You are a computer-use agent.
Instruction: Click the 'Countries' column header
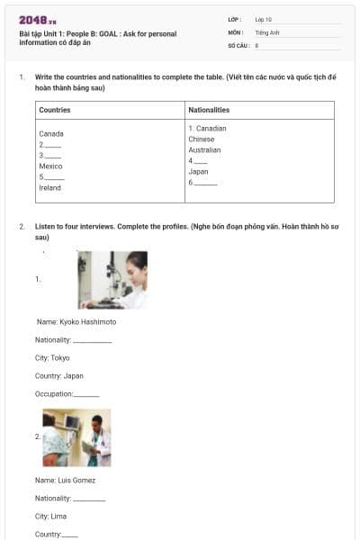pyautogui.click(x=55, y=110)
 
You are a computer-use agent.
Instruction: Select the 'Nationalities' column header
pyautogui.click(x=209, y=110)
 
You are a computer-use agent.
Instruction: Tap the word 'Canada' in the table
pyautogui.click(x=51, y=133)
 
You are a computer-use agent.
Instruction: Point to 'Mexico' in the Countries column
pyautogui.click(x=50, y=166)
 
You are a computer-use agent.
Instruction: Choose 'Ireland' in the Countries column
pyautogui.click(x=50, y=188)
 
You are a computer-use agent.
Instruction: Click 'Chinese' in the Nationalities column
pyautogui.click(x=202, y=139)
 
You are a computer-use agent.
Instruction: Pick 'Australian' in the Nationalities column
pyautogui.click(x=204, y=150)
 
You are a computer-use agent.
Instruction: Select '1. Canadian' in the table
pyautogui.click(x=207, y=129)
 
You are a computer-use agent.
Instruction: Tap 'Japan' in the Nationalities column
pyautogui.click(x=199, y=171)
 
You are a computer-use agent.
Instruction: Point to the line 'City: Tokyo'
pyautogui.click(x=52, y=357)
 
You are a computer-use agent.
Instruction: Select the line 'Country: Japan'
pyautogui.click(x=59, y=375)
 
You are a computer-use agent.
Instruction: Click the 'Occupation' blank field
pyautogui.click(x=86, y=394)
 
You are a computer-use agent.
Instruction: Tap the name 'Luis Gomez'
pyautogui.click(x=65, y=480)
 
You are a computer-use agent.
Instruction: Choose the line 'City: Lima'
pyautogui.click(x=50, y=516)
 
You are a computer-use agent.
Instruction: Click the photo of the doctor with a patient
pyautogui.click(x=76, y=438)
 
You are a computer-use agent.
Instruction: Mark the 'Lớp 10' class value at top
pyautogui.click(x=264, y=19)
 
